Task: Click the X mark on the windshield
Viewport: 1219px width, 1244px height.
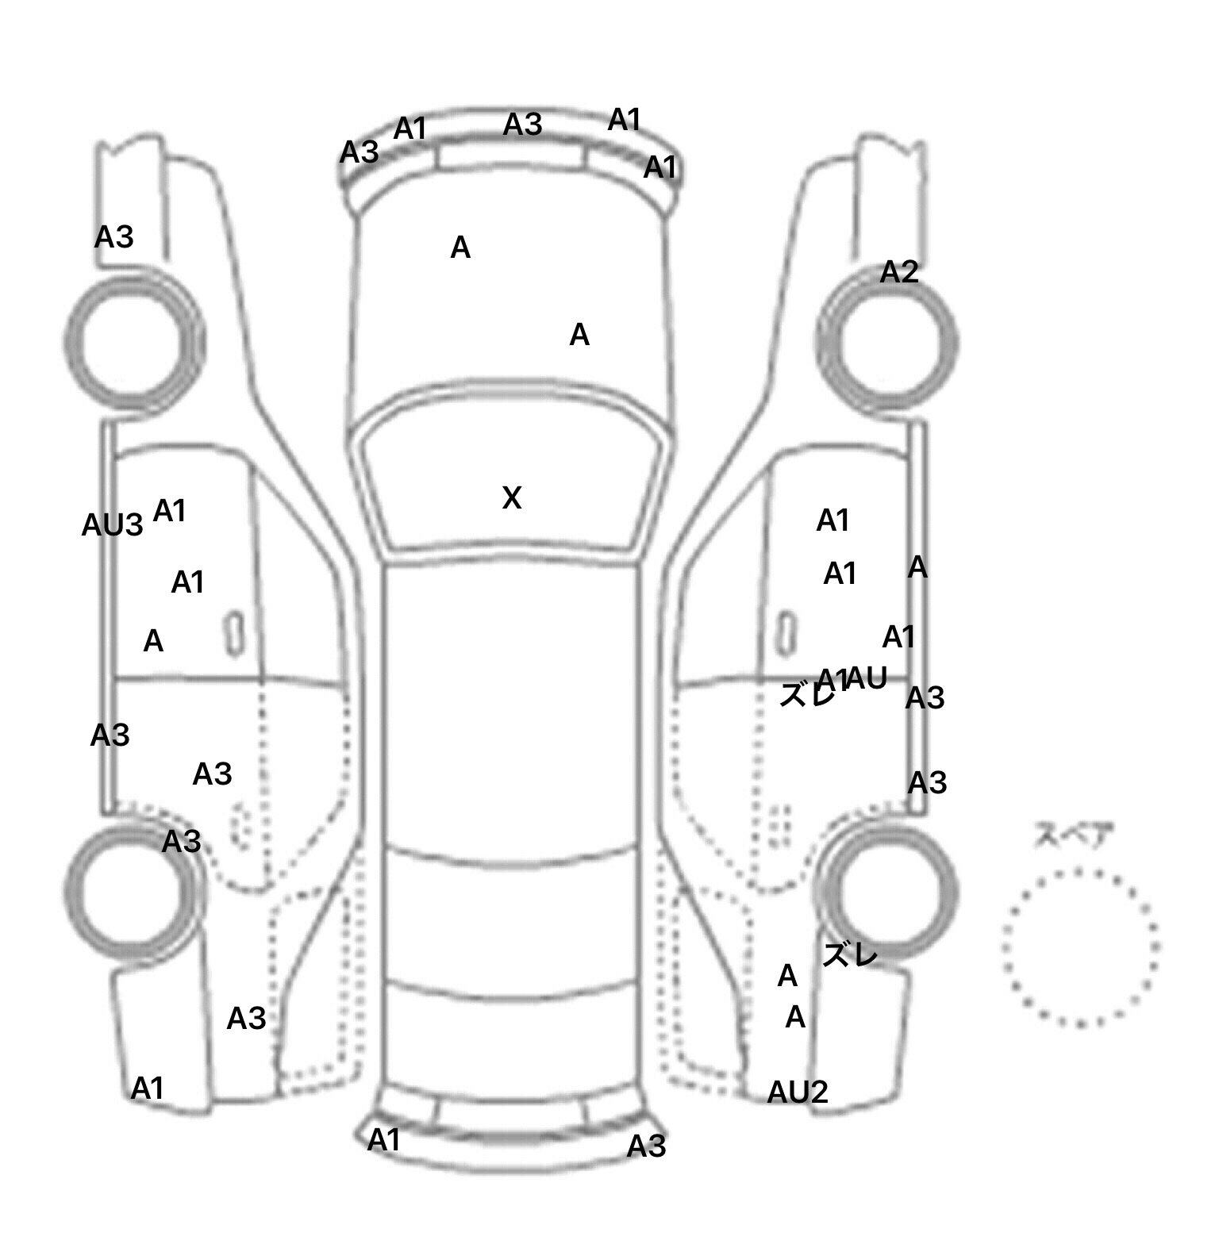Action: pos(512,498)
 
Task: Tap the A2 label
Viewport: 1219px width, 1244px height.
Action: pos(898,273)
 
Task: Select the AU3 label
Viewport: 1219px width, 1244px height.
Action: pos(112,525)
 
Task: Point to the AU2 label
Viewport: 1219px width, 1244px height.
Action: pos(797,1093)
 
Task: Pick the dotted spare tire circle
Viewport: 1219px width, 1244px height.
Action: pos(1080,946)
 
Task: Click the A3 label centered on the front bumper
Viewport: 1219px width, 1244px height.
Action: pos(523,125)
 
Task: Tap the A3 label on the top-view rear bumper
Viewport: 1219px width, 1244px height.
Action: pos(646,1146)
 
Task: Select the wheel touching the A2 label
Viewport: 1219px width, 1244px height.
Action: pos(887,343)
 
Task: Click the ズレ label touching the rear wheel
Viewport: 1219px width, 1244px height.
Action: pos(849,955)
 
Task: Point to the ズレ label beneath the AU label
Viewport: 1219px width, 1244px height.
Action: pos(807,696)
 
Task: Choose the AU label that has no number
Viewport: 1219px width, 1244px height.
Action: pos(866,678)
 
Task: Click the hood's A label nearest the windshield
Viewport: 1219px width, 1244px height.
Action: pos(579,336)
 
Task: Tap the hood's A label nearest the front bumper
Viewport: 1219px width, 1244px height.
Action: pos(460,248)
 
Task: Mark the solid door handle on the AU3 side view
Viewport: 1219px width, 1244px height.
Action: pos(234,633)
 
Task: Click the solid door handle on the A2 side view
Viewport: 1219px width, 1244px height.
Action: pos(786,633)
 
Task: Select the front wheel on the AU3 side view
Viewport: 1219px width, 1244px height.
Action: pos(133,343)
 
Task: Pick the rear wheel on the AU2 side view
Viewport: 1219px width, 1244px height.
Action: pos(887,891)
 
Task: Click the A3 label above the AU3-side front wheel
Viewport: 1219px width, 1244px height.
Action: pos(113,237)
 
